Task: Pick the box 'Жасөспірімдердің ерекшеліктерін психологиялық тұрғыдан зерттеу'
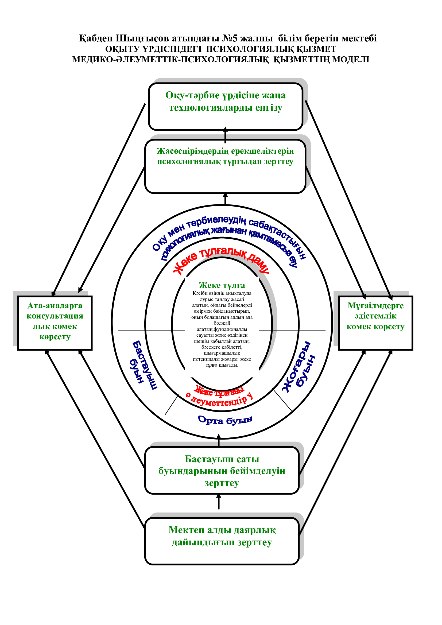[x=225, y=166]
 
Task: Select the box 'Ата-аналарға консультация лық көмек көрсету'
[x=55, y=323]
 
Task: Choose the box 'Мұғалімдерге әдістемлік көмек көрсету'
[x=375, y=323]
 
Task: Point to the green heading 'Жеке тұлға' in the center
[x=222, y=285]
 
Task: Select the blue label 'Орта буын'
[x=225, y=420]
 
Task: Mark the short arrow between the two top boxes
[x=225, y=135]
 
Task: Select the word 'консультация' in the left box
[x=55, y=316]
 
